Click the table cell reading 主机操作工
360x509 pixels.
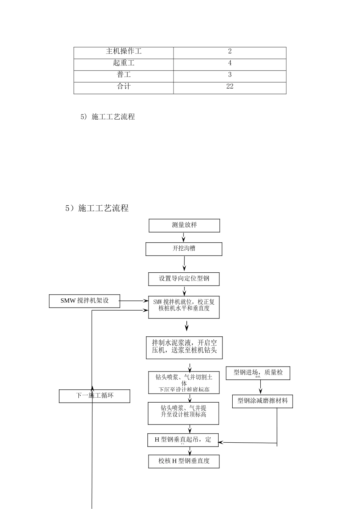click(x=124, y=52)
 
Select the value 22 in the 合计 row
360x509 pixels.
click(x=230, y=87)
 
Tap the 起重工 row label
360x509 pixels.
click(x=124, y=63)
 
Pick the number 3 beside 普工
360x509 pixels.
click(x=230, y=75)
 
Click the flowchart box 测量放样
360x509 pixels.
click(x=184, y=225)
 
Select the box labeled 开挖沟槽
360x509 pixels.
click(x=184, y=249)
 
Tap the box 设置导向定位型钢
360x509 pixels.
click(x=184, y=279)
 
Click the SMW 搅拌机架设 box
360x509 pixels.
click(x=85, y=301)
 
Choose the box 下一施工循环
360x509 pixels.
click(x=94, y=396)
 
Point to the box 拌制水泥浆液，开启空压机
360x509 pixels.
click(x=184, y=348)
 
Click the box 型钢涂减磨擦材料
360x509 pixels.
click(x=262, y=401)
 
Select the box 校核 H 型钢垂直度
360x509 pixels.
click(x=184, y=461)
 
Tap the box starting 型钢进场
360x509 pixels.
click(x=258, y=373)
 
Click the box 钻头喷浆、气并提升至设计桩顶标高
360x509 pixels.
click(x=183, y=413)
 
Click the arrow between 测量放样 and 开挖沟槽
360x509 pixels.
click(x=184, y=237)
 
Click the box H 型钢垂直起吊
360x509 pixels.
click(x=183, y=440)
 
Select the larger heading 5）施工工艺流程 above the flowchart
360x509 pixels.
click(x=97, y=208)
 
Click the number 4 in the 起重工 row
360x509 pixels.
click(x=230, y=63)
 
